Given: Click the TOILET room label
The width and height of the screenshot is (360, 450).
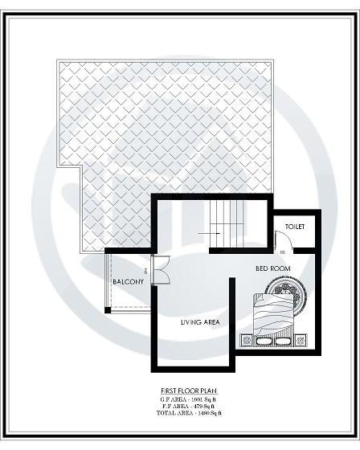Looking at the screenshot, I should (x=294, y=227).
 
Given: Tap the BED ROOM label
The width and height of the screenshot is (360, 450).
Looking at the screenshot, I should (x=272, y=268).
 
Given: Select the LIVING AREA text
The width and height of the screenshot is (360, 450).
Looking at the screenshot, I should (x=201, y=322).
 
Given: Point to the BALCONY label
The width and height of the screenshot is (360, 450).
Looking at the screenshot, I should (x=129, y=282).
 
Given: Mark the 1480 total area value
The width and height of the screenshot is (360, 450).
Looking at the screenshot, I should (x=199, y=414).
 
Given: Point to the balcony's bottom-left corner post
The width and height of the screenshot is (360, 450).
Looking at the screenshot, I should (x=107, y=310).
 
